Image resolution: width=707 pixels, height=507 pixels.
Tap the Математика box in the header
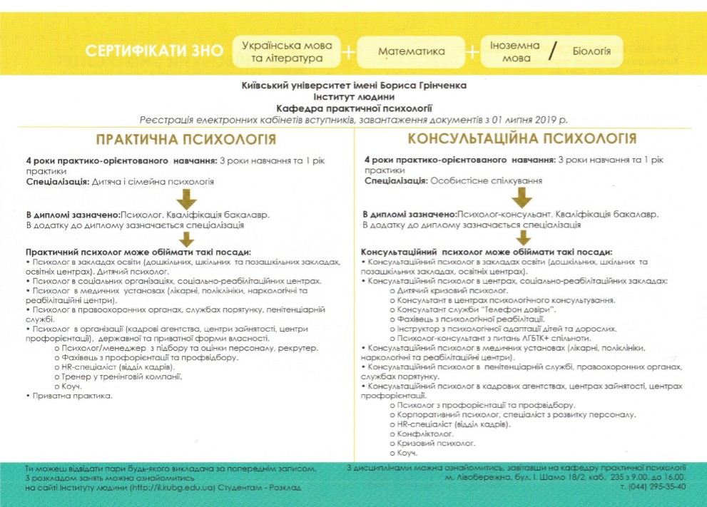(x=411, y=51)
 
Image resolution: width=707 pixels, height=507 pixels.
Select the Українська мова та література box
(x=287, y=51)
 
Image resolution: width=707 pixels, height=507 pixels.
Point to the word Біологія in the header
(x=592, y=51)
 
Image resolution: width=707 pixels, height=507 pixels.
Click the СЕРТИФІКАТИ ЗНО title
(x=151, y=51)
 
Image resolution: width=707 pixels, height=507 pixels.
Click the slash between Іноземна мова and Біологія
(x=551, y=51)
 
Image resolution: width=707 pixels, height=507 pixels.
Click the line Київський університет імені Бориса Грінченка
(x=355, y=85)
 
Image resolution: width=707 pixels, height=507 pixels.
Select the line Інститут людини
(x=354, y=96)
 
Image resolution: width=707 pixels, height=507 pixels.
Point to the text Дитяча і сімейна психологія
(x=153, y=182)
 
